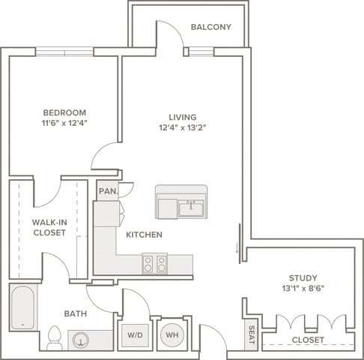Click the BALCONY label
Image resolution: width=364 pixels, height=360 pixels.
tap(210, 28)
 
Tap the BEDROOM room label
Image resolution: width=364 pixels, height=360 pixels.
tap(64, 113)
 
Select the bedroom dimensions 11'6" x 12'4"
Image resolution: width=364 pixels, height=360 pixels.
tap(64, 124)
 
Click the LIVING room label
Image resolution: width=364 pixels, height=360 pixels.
tap(182, 118)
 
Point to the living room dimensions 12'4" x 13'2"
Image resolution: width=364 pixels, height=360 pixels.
tap(182, 128)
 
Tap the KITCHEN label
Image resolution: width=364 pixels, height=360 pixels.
tap(144, 235)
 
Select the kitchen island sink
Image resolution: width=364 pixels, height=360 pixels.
tap(192, 208)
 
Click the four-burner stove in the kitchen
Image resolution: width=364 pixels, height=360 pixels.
tap(154, 264)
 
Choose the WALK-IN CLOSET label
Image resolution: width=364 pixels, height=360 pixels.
tap(49, 227)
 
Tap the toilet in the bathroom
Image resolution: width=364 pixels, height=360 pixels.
tap(54, 338)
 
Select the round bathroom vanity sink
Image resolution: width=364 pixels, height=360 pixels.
tap(80, 340)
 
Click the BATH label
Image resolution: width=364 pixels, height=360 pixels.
tap(75, 313)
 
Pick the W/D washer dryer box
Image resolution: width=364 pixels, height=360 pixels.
tap(135, 334)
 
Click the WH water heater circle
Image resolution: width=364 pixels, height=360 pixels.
tap(171, 334)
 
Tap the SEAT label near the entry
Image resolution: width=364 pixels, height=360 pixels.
tap(252, 337)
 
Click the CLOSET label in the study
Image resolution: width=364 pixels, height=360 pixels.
tap(308, 340)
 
